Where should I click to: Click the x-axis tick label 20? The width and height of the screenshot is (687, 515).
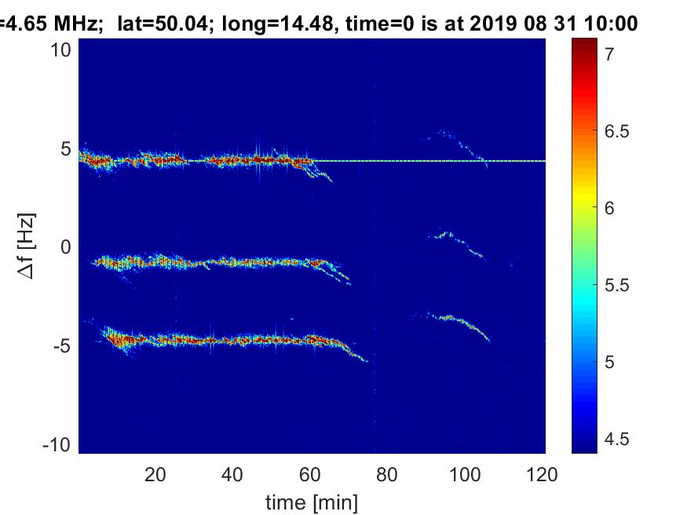pyautogui.click(x=155, y=474)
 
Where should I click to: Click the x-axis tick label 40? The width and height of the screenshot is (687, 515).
pyautogui.click(x=232, y=474)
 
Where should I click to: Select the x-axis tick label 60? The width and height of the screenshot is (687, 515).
pyautogui.click(x=310, y=474)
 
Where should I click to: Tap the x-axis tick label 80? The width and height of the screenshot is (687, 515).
pyautogui.click(x=388, y=474)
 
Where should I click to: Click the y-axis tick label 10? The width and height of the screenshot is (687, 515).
pyautogui.click(x=62, y=51)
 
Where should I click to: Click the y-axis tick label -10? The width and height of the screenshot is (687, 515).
pyautogui.click(x=58, y=444)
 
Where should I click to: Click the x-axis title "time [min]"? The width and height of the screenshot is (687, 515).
pyautogui.click(x=312, y=500)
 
